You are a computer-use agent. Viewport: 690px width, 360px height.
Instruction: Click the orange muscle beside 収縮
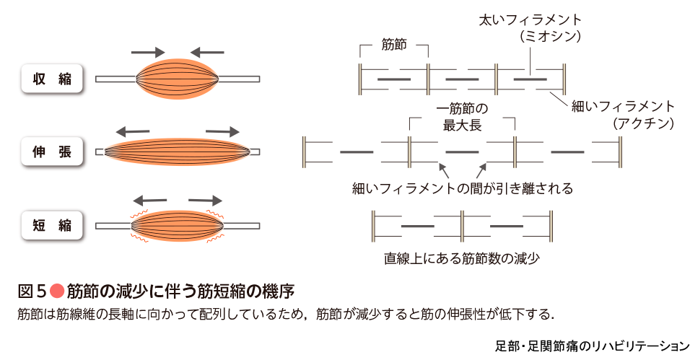(x=177, y=78)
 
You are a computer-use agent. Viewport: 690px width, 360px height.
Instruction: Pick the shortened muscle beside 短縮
(x=178, y=225)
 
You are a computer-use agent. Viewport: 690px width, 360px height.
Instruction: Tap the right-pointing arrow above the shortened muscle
(x=206, y=200)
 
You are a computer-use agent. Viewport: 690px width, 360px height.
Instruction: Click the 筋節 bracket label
(x=394, y=45)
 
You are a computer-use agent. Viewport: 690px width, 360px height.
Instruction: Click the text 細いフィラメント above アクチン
(x=622, y=106)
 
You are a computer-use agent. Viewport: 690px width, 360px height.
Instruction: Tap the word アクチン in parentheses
(x=642, y=123)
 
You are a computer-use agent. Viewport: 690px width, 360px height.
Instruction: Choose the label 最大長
(x=462, y=124)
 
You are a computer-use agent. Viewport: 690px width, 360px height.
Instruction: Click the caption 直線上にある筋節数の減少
(x=463, y=258)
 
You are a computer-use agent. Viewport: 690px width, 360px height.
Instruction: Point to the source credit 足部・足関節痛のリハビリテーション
(x=593, y=345)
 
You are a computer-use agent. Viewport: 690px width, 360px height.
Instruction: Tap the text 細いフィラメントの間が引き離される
(x=463, y=189)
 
